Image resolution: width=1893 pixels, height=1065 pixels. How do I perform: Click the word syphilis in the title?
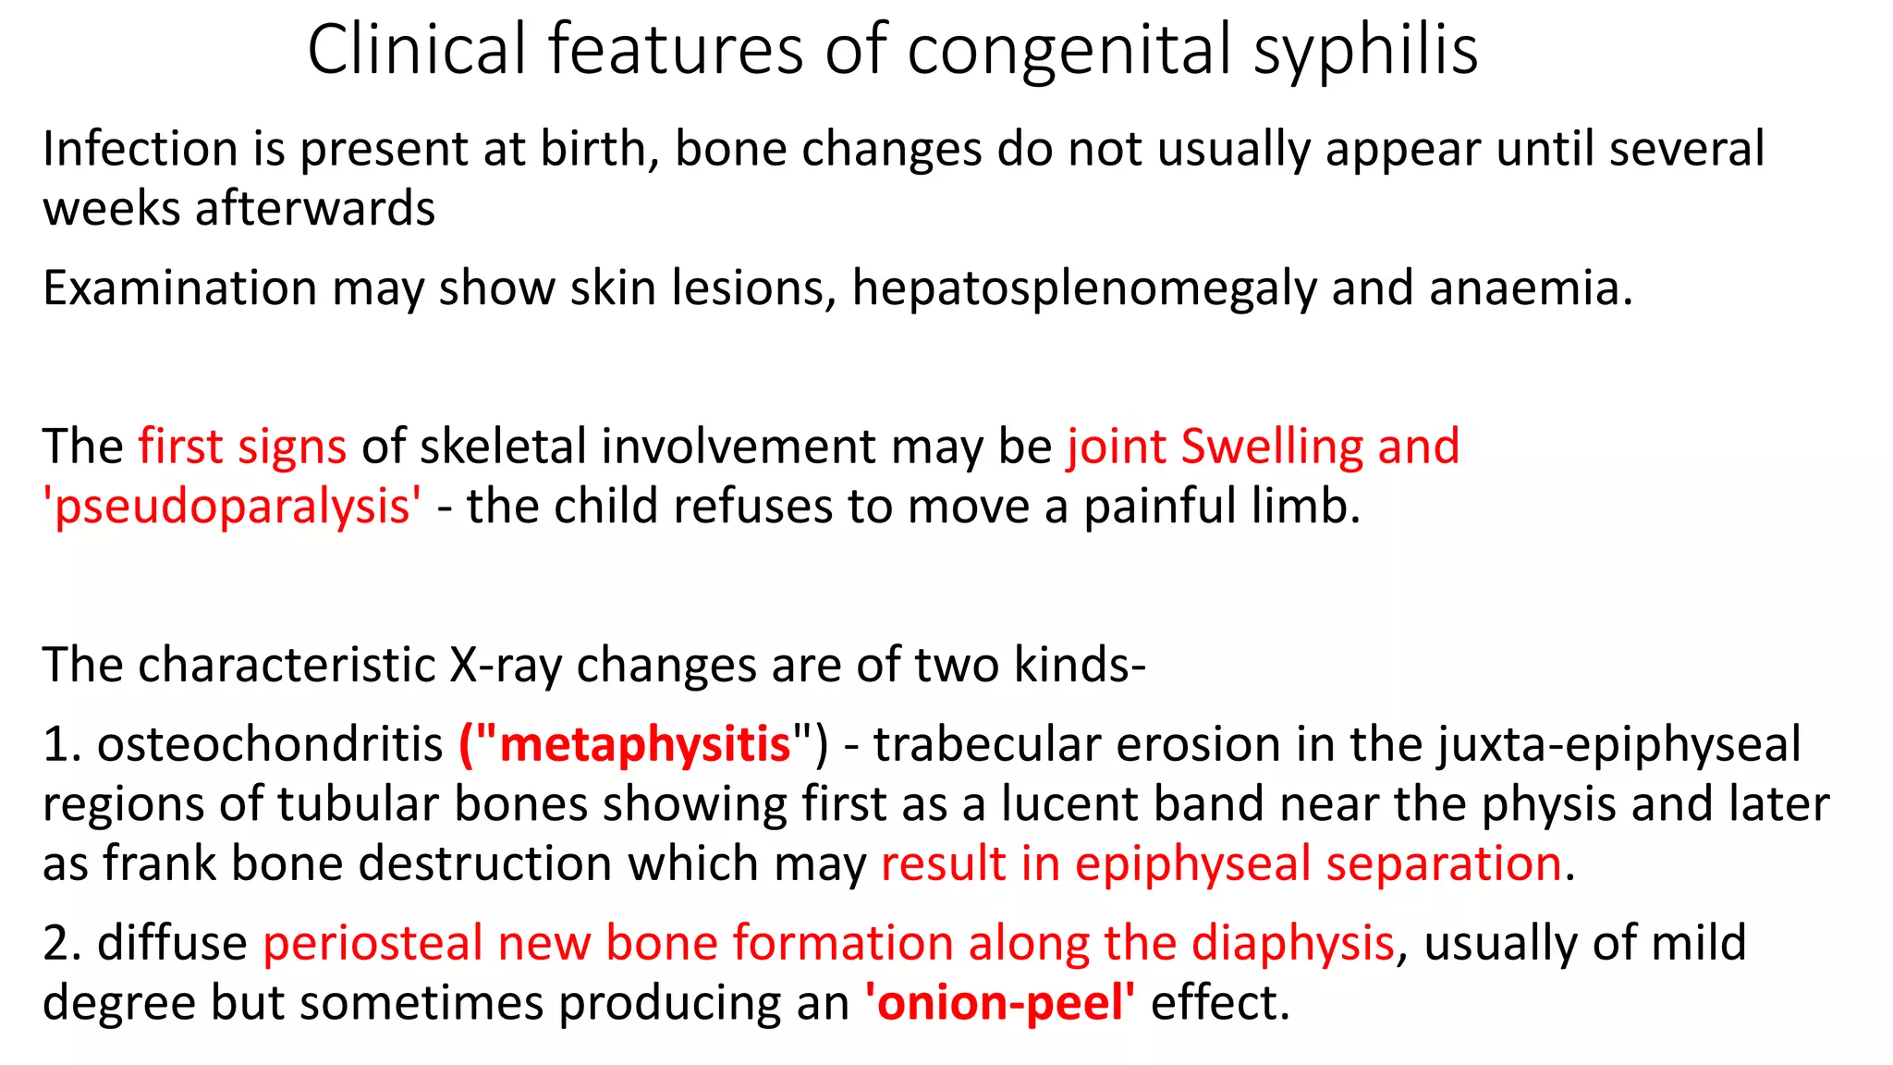click(1365, 50)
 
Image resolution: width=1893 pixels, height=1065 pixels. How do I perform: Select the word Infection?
click(140, 149)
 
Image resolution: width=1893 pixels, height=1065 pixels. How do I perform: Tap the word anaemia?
click(1530, 288)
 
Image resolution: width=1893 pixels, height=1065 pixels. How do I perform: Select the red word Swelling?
click(1272, 447)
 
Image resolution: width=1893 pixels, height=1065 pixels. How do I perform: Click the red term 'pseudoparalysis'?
click(232, 507)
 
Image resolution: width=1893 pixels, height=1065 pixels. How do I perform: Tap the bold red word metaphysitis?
click(644, 744)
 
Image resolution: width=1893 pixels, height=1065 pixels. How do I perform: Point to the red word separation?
click(1444, 864)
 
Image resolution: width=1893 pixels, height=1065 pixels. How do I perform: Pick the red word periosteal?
click(372, 944)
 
